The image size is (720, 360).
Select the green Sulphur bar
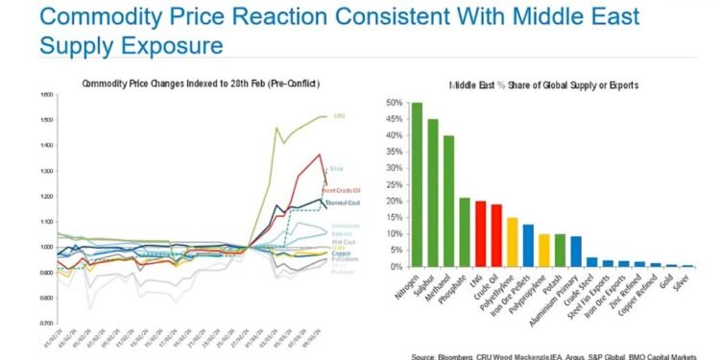[433, 192]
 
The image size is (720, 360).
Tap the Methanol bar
[448, 201]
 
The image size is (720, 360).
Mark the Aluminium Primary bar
[576, 252]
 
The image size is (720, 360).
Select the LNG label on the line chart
[339, 116]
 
